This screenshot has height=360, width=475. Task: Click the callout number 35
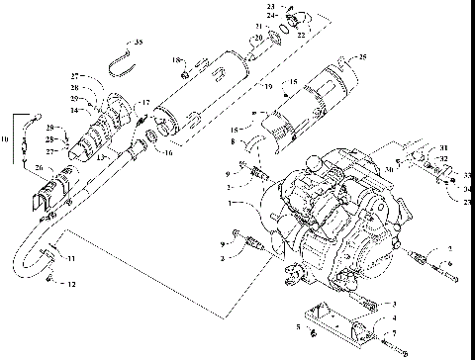coord(139,42)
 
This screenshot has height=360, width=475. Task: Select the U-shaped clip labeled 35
coord(119,64)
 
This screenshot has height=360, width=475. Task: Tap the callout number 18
coord(177,61)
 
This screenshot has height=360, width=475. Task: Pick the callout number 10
coord(6,140)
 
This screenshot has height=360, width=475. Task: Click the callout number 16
coord(167,153)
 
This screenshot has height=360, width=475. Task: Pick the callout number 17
coord(145,102)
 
